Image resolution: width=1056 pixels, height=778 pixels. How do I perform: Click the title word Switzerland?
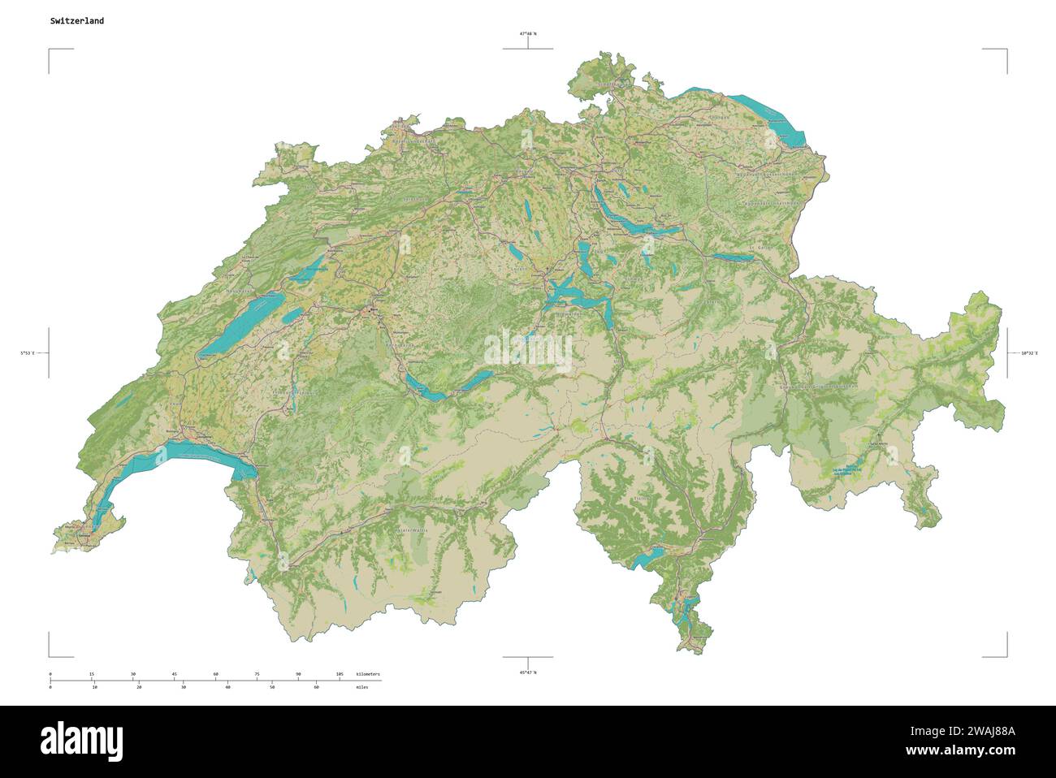[x=76, y=21]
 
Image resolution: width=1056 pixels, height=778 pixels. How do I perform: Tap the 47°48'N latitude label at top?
[x=528, y=34]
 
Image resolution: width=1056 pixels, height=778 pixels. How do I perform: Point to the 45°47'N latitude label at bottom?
[x=528, y=672]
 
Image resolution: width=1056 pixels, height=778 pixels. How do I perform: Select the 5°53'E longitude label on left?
[x=28, y=353]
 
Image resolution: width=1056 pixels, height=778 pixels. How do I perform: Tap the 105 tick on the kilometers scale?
[x=340, y=674]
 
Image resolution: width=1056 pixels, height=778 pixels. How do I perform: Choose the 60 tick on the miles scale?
[x=316, y=687]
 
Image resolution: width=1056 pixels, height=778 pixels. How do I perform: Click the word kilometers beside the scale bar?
[x=368, y=674]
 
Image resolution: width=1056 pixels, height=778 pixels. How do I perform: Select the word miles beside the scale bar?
[x=361, y=687]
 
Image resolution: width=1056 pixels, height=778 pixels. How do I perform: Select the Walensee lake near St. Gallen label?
[x=731, y=257]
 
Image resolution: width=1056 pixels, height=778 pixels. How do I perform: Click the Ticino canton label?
[x=641, y=498]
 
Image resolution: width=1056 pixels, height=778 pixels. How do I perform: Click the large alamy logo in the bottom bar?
[x=82, y=740]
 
